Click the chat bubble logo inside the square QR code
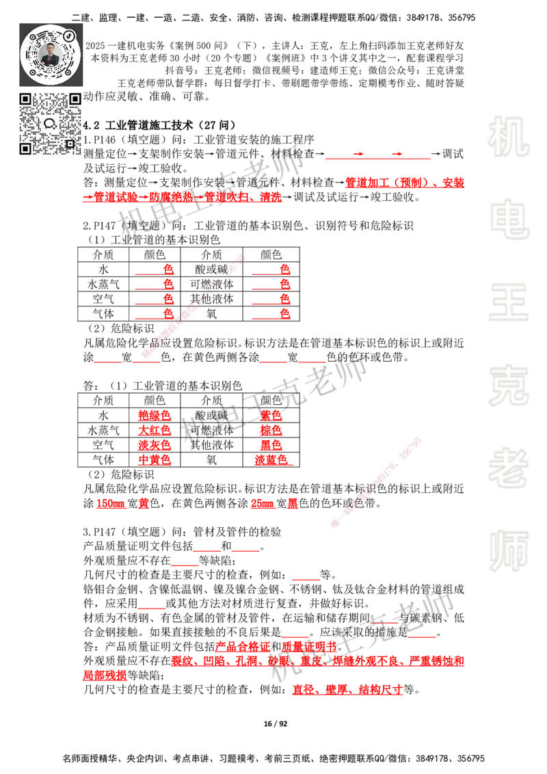pos(50,124)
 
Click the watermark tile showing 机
pos(508,137)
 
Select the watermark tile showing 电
pos(511,219)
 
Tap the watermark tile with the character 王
pos(508,303)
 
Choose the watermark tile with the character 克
pos(508,386)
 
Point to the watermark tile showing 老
pos(508,468)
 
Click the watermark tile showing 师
pos(508,552)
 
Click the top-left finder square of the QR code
pos(25,99)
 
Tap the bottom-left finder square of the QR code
pos(25,148)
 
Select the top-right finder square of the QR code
pos(75,99)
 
